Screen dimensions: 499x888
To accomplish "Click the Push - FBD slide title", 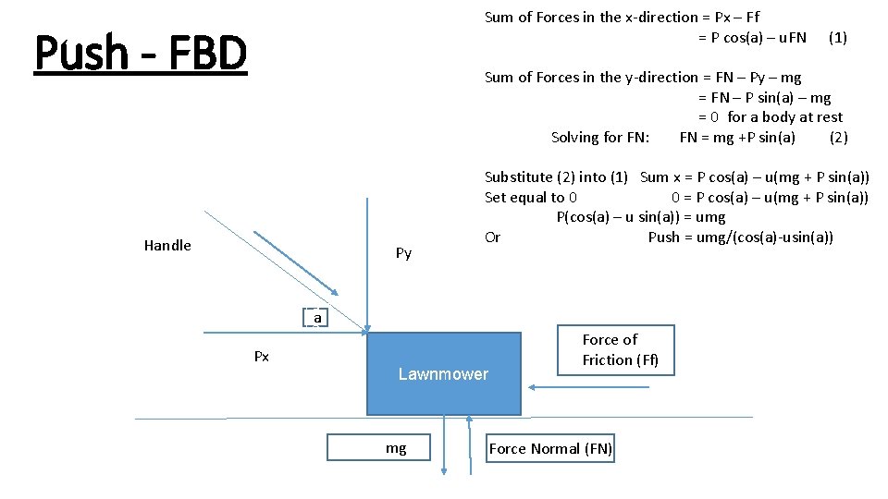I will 141,54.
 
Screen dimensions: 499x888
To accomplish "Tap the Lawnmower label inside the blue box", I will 443,374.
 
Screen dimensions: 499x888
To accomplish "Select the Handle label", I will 167,245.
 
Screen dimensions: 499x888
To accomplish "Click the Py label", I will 403,253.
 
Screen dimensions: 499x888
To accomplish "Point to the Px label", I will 262,357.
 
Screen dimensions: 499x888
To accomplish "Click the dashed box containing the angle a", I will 317,318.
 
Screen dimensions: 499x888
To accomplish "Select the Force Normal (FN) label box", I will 550,449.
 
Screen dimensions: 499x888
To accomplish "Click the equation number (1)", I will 837,38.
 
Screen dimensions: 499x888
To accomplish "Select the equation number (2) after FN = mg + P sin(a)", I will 838,138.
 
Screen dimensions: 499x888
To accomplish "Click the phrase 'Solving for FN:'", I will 600,138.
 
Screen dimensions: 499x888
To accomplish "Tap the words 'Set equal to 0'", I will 531,197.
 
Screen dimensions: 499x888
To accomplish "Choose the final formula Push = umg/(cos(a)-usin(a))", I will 740,237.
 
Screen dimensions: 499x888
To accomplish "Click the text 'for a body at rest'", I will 785,117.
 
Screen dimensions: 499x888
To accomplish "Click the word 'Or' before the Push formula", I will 492,237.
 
